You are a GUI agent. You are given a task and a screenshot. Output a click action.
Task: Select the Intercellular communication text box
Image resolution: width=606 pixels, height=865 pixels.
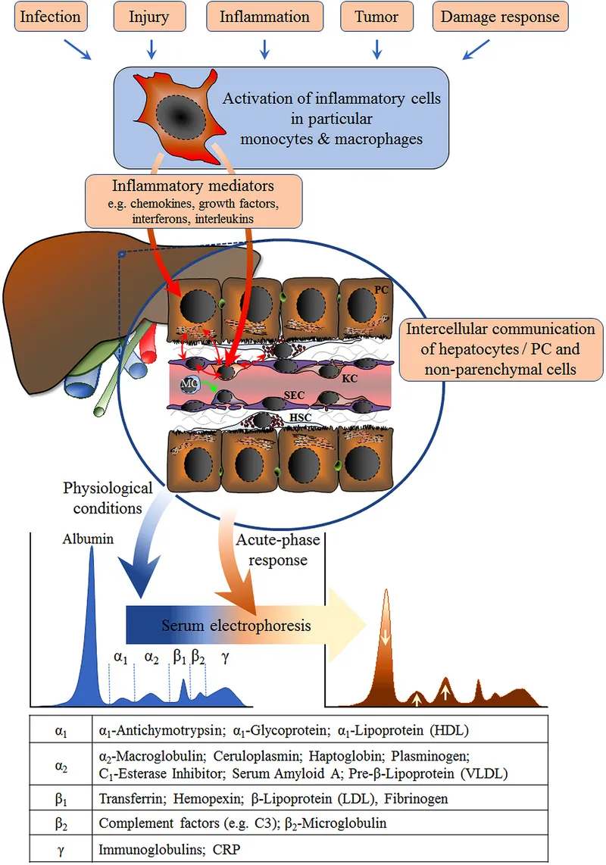[x=500, y=350]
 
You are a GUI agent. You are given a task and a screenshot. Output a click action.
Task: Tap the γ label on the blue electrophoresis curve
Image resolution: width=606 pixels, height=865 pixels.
[x=224, y=657]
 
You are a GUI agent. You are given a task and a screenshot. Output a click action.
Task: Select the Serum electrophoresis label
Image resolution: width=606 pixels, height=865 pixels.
[x=236, y=626]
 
